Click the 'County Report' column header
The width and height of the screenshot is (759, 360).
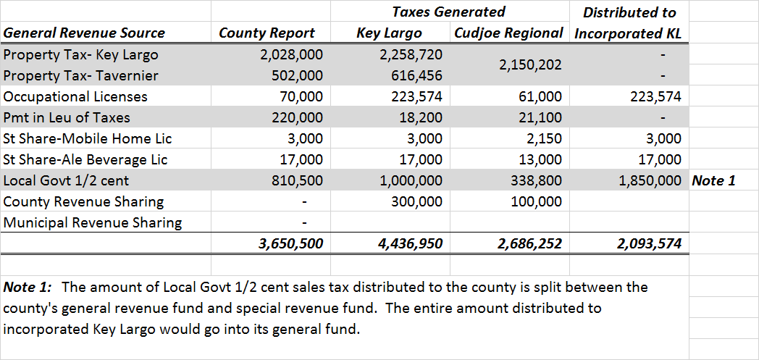pos(267,33)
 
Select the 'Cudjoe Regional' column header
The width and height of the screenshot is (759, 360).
pos(508,33)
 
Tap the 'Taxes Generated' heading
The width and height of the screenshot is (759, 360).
pos(448,12)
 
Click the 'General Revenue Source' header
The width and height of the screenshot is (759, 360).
pos(84,33)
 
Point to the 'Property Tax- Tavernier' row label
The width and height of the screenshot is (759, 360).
pos(80,76)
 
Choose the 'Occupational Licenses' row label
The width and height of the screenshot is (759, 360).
pos(75,96)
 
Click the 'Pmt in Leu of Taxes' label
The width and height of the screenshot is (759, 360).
pos(67,117)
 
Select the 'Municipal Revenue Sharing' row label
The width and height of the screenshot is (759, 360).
pos(93,222)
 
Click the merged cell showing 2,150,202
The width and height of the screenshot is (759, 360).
pos(530,65)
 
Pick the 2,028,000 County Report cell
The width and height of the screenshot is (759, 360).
pos(291,55)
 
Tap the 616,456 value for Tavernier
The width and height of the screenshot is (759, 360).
pos(411,76)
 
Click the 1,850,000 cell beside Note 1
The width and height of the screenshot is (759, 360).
pos(650,180)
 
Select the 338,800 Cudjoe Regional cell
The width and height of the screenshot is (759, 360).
pos(536,180)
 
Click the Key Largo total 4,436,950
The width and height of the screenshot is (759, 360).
pos(410,244)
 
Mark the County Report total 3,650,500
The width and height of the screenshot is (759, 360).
pos(290,244)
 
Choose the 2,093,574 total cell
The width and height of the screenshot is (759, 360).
pos(649,244)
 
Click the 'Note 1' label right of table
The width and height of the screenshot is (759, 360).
pos(713,180)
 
